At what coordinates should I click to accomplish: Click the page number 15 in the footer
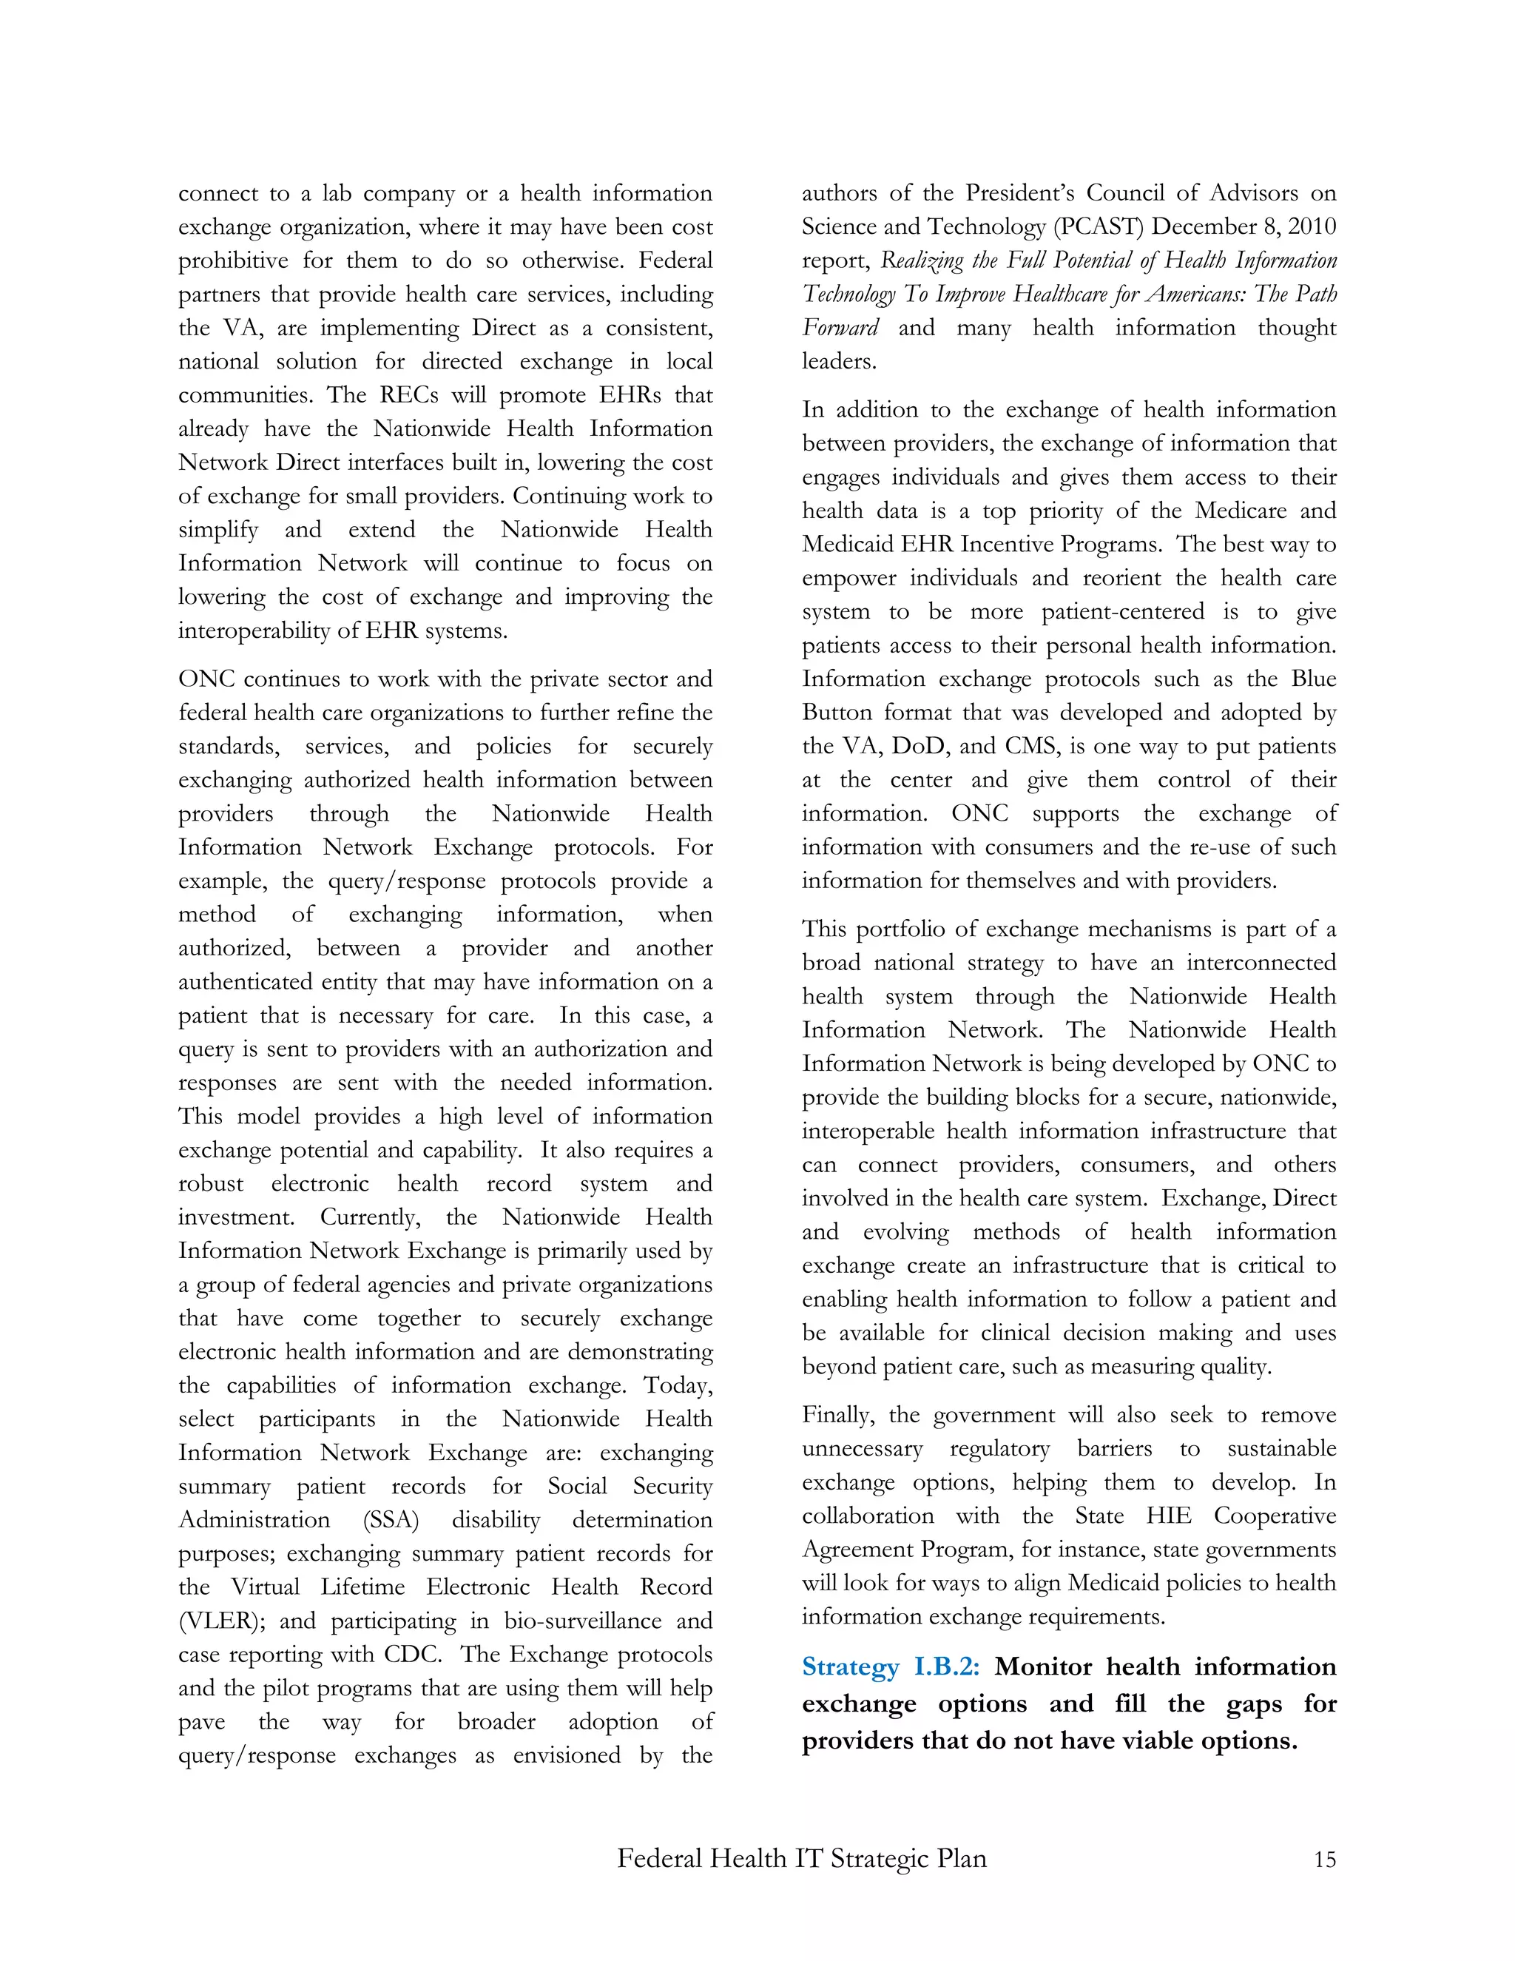pyautogui.click(x=1325, y=1859)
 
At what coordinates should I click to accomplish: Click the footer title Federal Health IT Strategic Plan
pyautogui.click(x=801, y=1857)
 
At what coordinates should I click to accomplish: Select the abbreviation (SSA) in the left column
pyautogui.click(x=391, y=1520)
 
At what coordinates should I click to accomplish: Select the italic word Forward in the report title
pyautogui.click(x=840, y=328)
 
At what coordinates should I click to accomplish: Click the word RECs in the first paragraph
pyautogui.click(x=409, y=395)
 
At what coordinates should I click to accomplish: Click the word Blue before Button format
pyautogui.click(x=1313, y=679)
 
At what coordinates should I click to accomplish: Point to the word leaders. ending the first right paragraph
pyautogui.click(x=839, y=362)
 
